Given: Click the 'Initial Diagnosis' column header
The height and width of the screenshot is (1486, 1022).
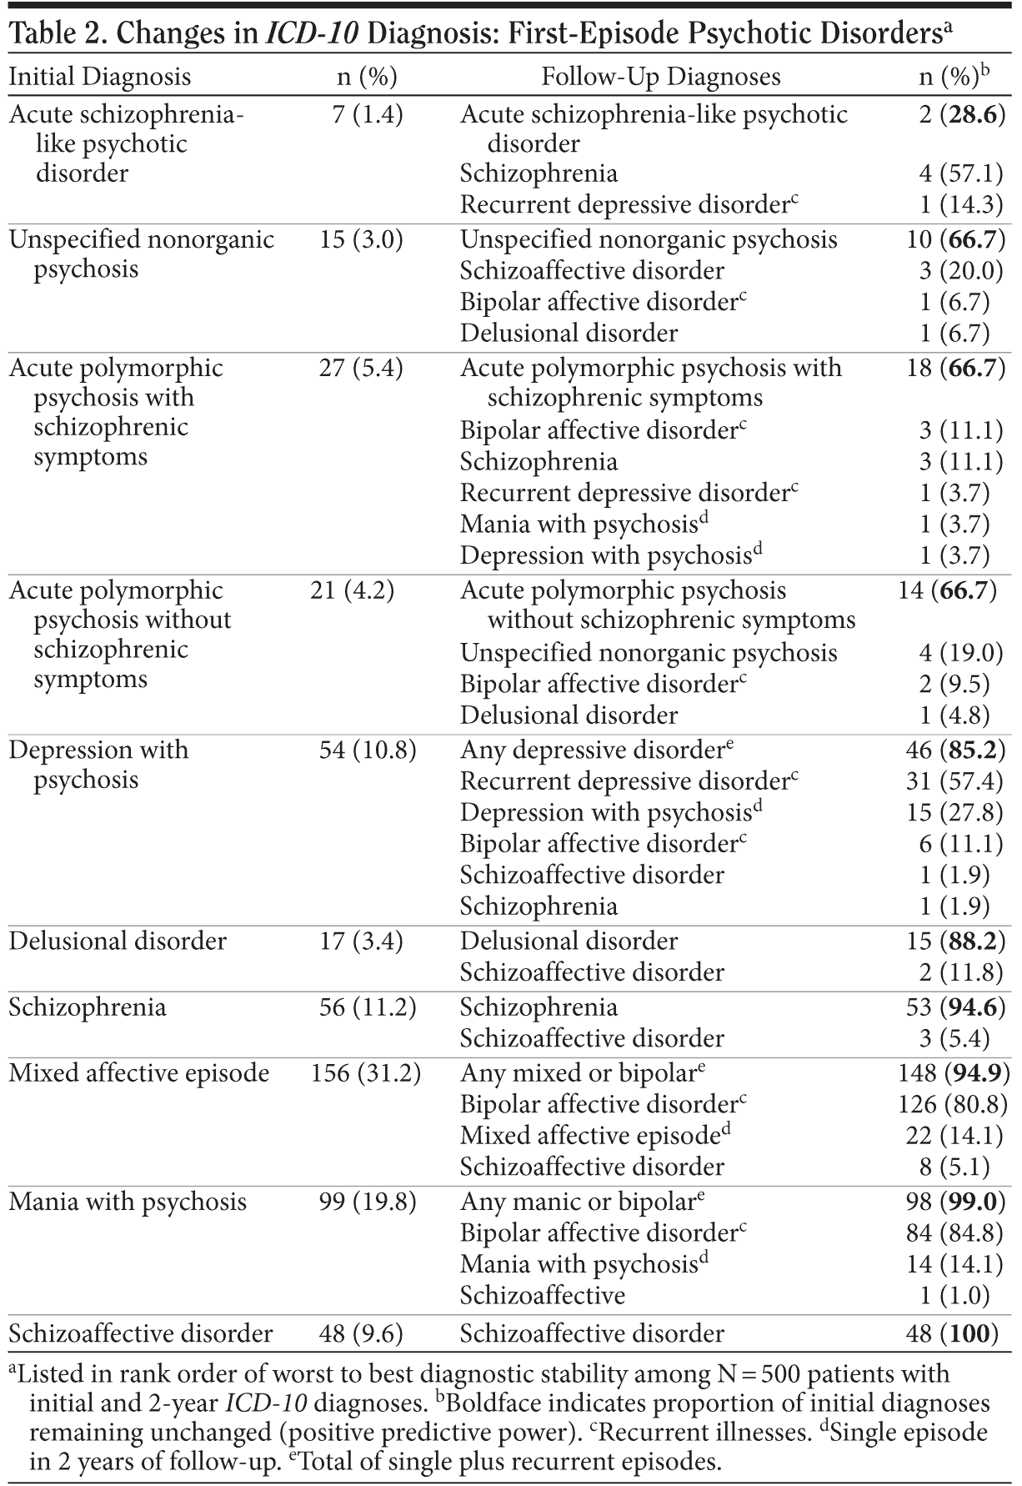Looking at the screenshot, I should point(99,77).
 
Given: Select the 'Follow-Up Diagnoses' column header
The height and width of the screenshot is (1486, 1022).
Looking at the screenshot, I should point(660,77).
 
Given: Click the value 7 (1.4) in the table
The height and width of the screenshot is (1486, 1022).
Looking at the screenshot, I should point(367,114).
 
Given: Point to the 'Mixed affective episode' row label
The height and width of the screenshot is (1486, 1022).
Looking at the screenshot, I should point(138,1072).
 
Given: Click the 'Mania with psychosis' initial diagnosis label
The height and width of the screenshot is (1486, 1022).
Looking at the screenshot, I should point(128,1202).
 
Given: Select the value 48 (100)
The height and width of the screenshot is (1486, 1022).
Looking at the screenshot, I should point(953,1333).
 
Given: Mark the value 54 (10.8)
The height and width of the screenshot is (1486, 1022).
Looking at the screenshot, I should point(368,750).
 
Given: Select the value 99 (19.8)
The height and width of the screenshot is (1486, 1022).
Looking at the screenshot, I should point(368,1202).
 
